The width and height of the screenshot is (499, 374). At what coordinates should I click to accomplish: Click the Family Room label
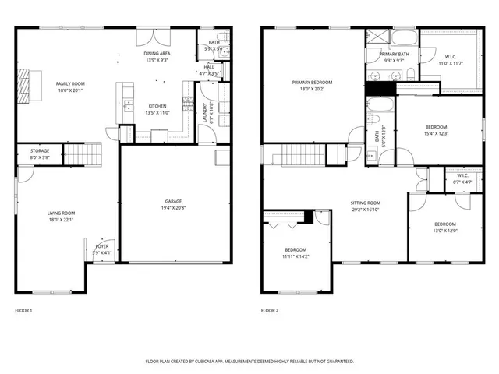click(x=68, y=86)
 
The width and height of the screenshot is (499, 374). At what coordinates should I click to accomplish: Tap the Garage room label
click(x=173, y=204)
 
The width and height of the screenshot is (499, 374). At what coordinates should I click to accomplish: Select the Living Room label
click(x=62, y=216)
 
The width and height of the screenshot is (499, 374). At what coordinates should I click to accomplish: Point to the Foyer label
click(x=103, y=248)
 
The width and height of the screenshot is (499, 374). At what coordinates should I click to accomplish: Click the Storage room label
click(x=40, y=153)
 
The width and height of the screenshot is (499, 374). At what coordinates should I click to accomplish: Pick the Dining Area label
click(x=157, y=55)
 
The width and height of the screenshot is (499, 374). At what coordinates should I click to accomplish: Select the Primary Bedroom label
click(x=312, y=85)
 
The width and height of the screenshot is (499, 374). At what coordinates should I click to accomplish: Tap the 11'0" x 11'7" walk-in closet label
click(x=451, y=59)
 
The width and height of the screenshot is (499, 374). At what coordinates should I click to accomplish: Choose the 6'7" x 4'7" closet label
click(x=462, y=178)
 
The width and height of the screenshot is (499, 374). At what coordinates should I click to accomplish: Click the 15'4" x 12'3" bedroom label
click(x=436, y=129)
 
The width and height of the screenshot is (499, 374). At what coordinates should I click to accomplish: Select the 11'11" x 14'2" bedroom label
click(x=296, y=252)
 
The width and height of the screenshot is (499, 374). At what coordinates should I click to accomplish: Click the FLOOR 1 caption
click(x=24, y=310)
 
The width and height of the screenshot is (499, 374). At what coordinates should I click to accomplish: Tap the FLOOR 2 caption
click(x=269, y=310)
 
